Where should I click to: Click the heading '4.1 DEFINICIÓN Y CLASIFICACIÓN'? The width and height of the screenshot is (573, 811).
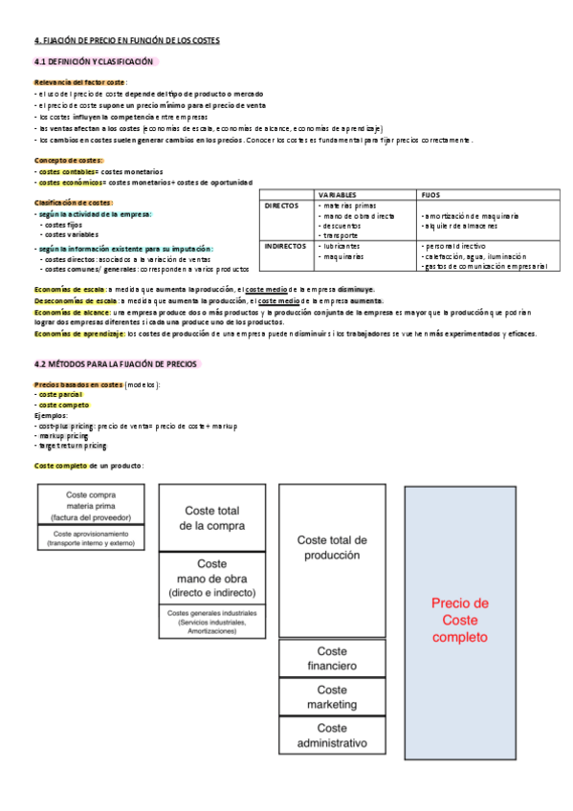93,61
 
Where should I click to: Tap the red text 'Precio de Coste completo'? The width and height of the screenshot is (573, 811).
460,619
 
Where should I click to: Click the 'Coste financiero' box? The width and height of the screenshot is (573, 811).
332,658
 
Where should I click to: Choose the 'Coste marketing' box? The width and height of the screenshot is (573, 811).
332,696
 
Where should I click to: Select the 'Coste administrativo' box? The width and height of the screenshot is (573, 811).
332,734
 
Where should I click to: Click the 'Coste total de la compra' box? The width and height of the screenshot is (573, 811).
212,517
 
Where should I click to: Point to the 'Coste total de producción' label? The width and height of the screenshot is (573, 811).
332,547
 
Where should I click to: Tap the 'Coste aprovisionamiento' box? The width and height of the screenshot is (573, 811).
92,537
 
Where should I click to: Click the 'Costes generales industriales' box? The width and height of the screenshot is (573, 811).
212,622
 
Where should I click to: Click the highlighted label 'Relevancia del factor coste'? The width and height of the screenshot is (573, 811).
80,84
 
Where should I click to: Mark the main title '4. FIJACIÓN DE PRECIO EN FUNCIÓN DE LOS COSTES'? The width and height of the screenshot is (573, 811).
127,41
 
